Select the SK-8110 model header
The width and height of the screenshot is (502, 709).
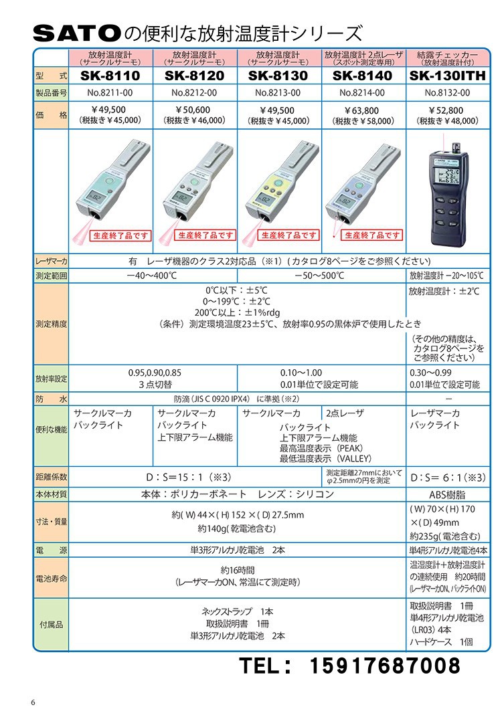coord(110,76)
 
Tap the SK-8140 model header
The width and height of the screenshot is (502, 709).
coord(363,76)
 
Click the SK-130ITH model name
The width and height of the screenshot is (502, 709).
coord(448,76)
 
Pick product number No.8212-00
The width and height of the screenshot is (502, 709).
coord(195,93)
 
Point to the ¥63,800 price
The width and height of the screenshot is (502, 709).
coord(363,110)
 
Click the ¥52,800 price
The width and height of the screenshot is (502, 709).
coord(448,110)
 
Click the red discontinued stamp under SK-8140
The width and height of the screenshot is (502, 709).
coord(372,235)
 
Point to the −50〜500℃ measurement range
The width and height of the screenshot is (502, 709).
coord(321,276)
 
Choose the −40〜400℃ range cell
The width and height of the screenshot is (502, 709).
coord(153,276)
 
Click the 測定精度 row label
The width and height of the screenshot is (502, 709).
coord(51,324)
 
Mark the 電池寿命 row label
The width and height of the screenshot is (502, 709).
coord(51,575)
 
